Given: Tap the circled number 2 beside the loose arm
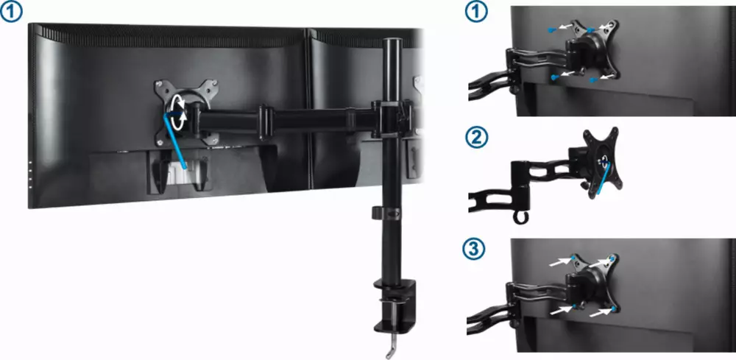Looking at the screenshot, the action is pos(476,138).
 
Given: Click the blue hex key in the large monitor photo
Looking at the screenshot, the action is pos(176,139).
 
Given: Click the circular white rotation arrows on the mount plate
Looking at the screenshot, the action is pos(179,112).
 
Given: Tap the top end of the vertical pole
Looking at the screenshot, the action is pos(393,40).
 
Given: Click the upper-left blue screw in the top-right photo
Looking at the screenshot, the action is pos(552,30).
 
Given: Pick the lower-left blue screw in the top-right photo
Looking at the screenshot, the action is pos(554,77).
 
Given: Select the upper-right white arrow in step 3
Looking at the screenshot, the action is pos(599,262).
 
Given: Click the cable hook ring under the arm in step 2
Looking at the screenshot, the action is pos(520,217).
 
